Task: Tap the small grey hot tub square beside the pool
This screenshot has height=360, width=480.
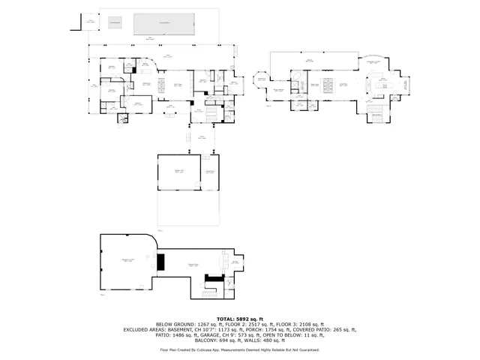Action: pos(115,23)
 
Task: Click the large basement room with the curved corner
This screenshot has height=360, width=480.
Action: pos(127,261)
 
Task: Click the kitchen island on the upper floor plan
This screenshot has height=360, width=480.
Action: pos(385,85)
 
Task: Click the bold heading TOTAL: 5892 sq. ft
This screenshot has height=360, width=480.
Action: pos(240,319)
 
